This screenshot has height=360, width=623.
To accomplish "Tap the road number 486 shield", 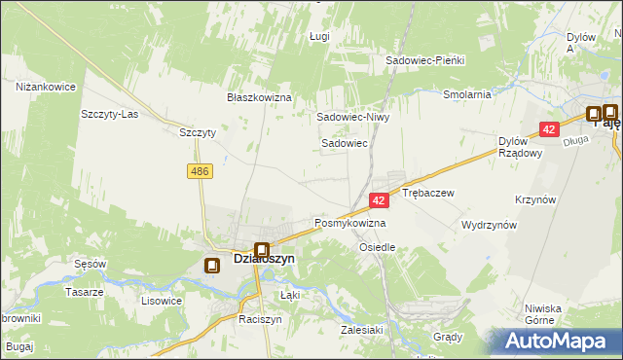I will [x=200, y=171].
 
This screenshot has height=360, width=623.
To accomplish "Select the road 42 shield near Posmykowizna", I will [x=381, y=199].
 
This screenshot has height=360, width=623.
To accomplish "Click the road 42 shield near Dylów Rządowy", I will [x=550, y=128].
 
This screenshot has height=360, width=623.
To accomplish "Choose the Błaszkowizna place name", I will [x=260, y=98].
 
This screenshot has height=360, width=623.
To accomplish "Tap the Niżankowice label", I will [x=46, y=87].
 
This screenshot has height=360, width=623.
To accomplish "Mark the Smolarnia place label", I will [x=466, y=95].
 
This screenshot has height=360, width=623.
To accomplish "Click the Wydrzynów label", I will [x=489, y=224].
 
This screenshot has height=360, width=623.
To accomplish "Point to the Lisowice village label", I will [x=162, y=301].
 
